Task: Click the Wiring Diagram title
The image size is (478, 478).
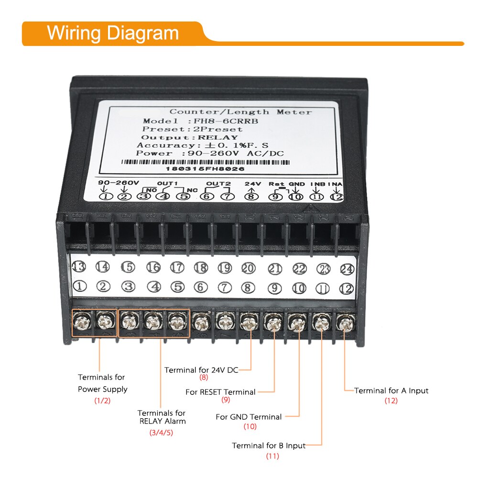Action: (x=112, y=33)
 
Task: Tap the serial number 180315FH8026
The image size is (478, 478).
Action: (x=206, y=169)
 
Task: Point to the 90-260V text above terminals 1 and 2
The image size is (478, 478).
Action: (x=118, y=183)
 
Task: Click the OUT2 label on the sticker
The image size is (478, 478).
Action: (x=218, y=184)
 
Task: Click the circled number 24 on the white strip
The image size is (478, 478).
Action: (x=346, y=269)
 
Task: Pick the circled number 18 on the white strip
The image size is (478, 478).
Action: (x=201, y=268)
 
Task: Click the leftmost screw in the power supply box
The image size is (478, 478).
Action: (x=82, y=322)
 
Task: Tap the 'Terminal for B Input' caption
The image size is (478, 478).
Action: (x=269, y=445)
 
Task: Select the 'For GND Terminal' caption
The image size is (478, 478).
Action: (x=249, y=417)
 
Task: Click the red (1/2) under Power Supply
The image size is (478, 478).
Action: (x=102, y=401)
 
